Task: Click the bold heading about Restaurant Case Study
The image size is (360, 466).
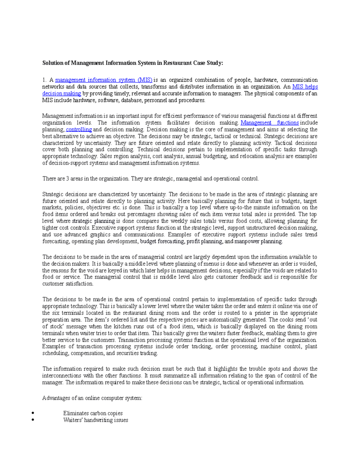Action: [x=133, y=63]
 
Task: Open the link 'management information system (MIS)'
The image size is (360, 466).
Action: [x=104, y=80]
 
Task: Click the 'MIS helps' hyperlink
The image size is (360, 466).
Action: [x=305, y=87]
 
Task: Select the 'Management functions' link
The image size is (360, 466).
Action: [x=270, y=123]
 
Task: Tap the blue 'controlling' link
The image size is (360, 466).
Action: [x=79, y=130]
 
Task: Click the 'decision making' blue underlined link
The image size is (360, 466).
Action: [x=61, y=94]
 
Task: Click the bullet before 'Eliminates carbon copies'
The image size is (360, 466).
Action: [x=33, y=413]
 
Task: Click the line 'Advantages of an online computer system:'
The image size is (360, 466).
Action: [x=92, y=398]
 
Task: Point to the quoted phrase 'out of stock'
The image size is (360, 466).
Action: [x=312, y=320]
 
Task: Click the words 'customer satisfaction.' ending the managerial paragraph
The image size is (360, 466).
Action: [x=68, y=284]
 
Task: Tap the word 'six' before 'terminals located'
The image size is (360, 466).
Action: [x=56, y=313]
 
